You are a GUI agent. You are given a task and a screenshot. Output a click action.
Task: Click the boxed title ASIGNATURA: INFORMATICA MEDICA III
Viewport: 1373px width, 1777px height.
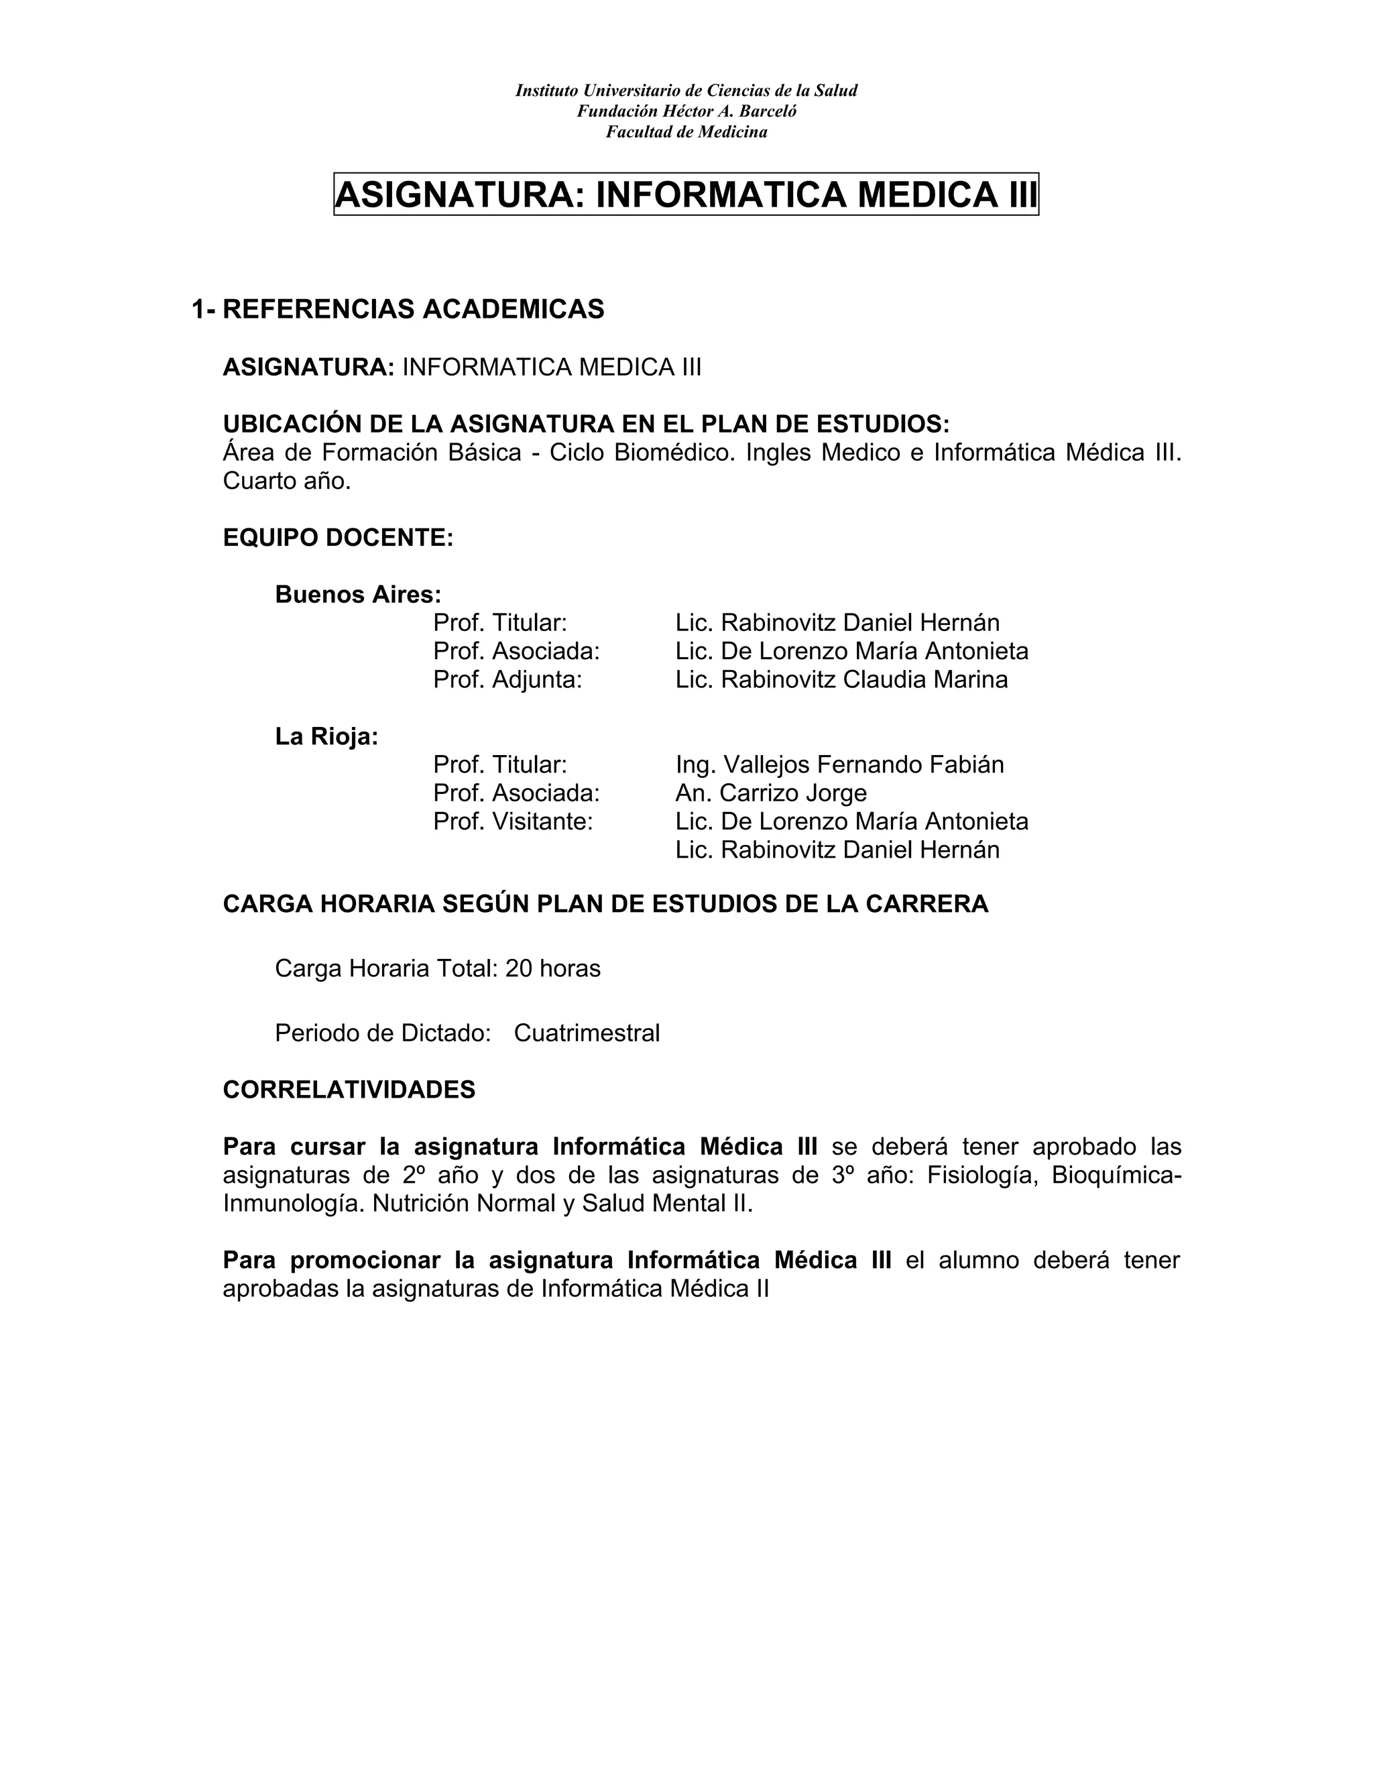coord(686,194)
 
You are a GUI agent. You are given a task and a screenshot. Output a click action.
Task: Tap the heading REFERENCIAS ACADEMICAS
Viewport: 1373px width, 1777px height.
coord(413,309)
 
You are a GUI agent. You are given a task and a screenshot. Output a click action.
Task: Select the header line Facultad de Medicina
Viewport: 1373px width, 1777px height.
coord(686,132)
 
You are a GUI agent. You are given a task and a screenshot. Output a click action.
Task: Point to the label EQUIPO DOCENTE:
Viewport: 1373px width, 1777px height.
coord(338,538)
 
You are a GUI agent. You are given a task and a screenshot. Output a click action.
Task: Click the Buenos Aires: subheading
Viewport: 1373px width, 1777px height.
coord(358,595)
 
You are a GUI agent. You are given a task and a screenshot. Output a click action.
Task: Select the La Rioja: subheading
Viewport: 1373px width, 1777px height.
coord(326,736)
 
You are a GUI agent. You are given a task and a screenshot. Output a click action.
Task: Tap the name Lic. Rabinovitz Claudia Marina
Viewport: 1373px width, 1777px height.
coord(841,679)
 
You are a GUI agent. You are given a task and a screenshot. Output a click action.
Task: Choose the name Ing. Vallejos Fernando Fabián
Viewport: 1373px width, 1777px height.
coord(839,765)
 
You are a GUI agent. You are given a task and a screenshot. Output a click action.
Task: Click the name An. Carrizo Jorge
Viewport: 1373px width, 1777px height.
coord(770,793)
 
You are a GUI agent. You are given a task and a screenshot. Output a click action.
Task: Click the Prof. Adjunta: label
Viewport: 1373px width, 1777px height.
coord(508,679)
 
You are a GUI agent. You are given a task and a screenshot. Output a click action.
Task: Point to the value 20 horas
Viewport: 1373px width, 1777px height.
coord(552,968)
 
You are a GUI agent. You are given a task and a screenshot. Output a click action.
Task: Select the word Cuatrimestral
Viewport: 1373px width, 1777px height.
coord(587,1033)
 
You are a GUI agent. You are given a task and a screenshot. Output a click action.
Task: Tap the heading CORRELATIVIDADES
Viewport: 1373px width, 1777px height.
coord(349,1090)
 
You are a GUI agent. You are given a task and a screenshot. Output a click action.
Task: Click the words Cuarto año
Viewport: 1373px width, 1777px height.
coord(286,481)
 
